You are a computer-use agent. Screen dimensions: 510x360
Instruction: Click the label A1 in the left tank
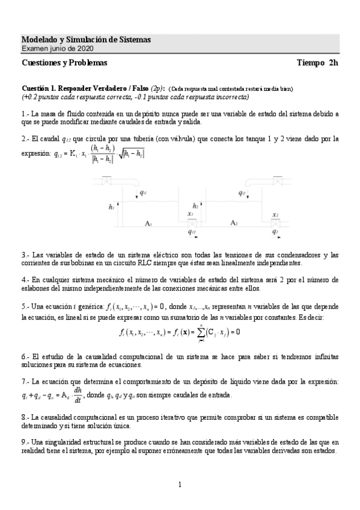(x=148, y=223)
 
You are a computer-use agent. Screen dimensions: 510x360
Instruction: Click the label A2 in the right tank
(x=235, y=223)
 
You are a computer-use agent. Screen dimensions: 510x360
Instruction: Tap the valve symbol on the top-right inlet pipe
(x=278, y=180)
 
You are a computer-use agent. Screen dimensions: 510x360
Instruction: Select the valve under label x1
(x=191, y=222)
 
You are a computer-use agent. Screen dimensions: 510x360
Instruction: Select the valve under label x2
(x=275, y=223)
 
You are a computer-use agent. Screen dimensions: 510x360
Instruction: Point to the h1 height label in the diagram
(x=112, y=207)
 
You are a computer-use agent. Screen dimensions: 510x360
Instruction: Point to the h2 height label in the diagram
(x=195, y=205)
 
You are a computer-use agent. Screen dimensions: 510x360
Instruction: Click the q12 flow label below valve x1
(x=192, y=231)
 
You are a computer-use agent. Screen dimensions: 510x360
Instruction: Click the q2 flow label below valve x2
(x=275, y=231)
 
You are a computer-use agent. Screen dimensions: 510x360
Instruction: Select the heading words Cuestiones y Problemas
(x=64, y=63)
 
